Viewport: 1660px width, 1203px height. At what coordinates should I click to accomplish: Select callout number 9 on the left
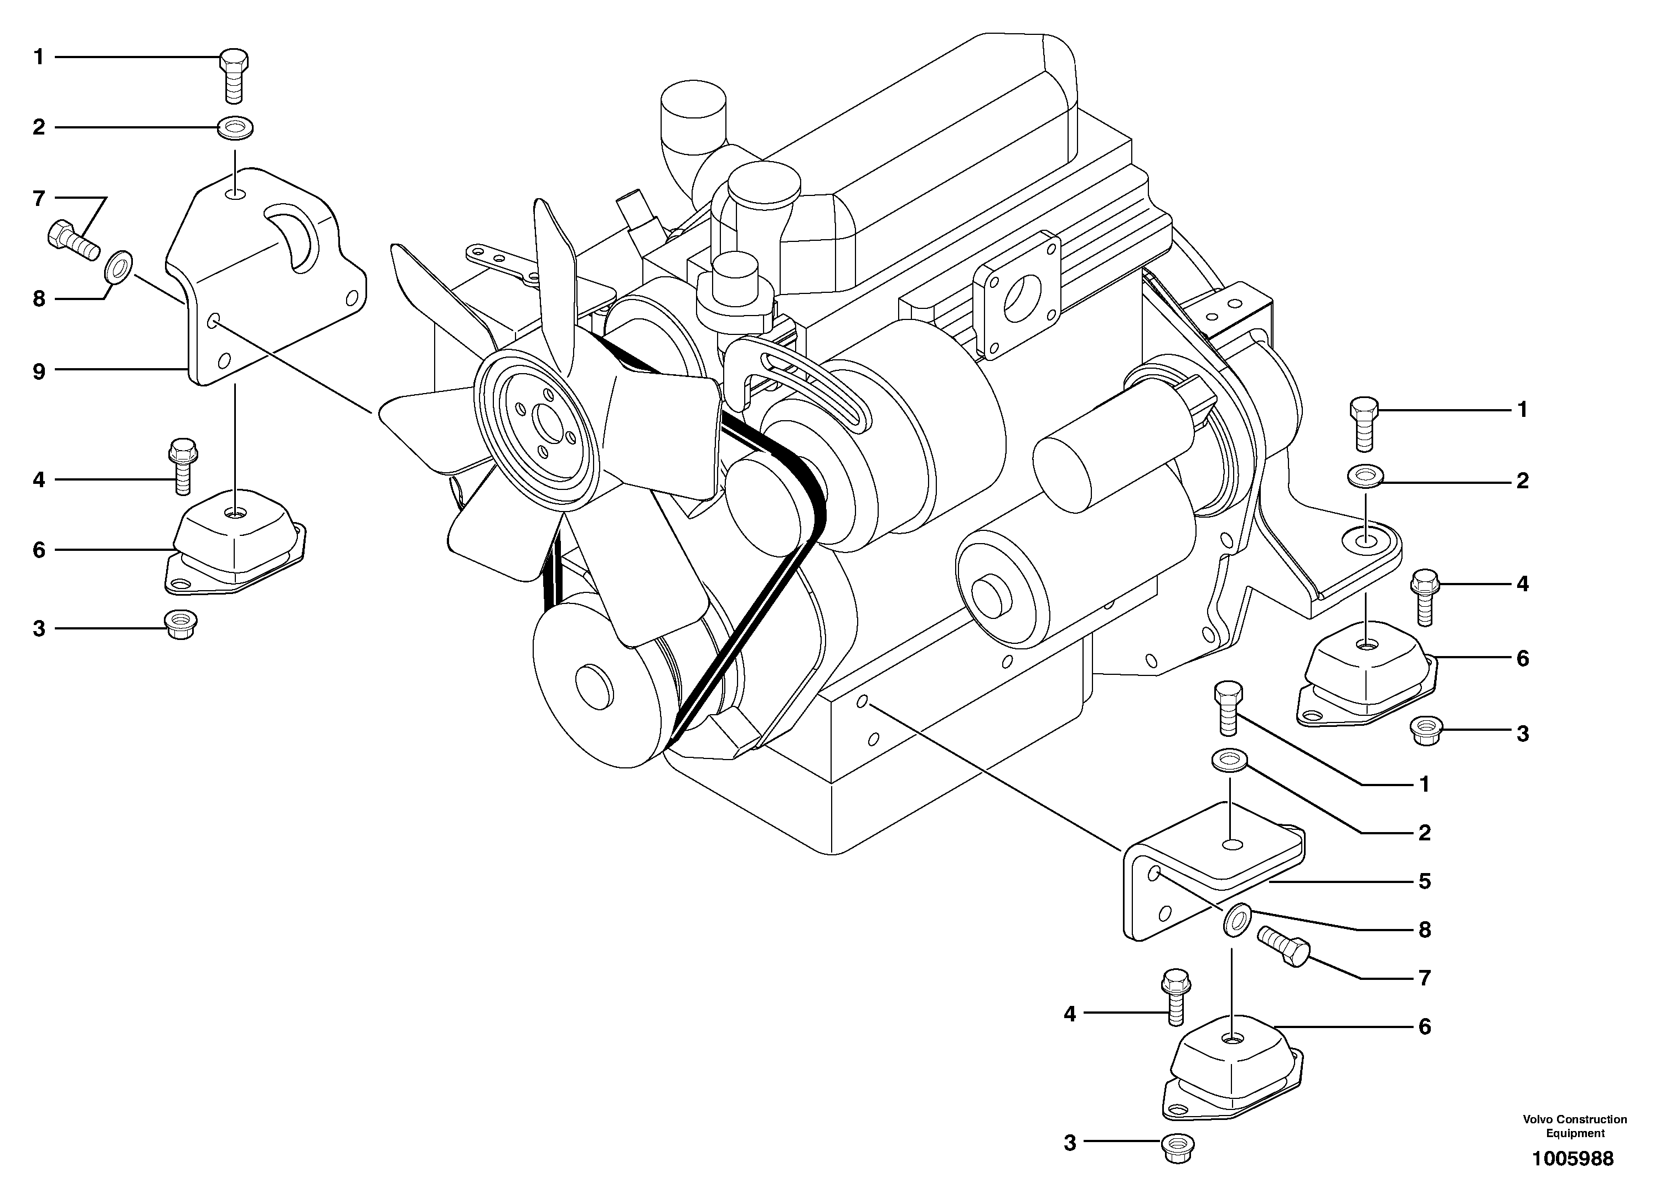(39, 371)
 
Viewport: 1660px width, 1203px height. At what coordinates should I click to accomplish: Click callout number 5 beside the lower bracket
(1424, 881)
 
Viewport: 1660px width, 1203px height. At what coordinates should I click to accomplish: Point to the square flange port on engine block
(1017, 296)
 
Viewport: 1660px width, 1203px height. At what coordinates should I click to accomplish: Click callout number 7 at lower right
(1424, 978)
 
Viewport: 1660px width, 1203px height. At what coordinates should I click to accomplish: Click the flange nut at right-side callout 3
(1424, 731)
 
